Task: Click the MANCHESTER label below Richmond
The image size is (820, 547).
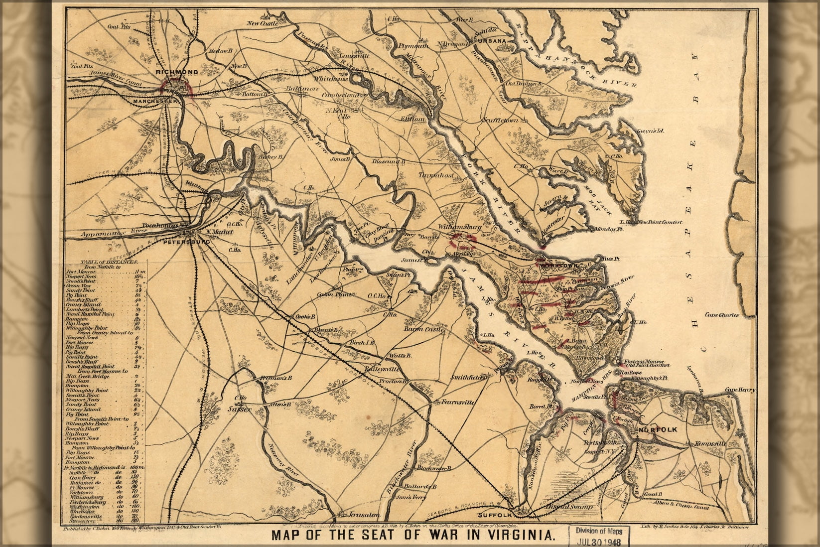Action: (x=155, y=101)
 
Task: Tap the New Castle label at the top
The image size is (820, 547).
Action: (x=262, y=23)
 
